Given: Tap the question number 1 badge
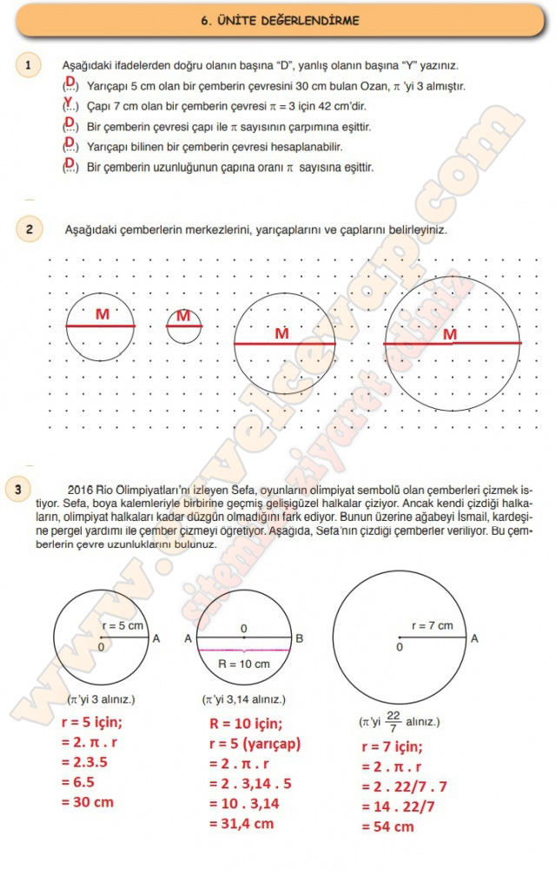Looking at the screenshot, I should pyautogui.click(x=29, y=65).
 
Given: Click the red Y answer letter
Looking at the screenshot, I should pyautogui.click(x=69, y=102).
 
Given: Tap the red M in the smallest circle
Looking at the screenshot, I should pyautogui.click(x=182, y=316).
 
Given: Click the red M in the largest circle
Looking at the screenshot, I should pyautogui.click(x=450, y=334).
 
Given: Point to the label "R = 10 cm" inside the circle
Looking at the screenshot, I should pyautogui.click(x=245, y=664).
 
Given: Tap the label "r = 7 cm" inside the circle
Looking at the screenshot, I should pyautogui.click(x=432, y=625).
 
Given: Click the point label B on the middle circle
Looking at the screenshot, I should pyautogui.click(x=299, y=639).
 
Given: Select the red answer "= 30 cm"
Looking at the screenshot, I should pyautogui.click(x=88, y=803).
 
